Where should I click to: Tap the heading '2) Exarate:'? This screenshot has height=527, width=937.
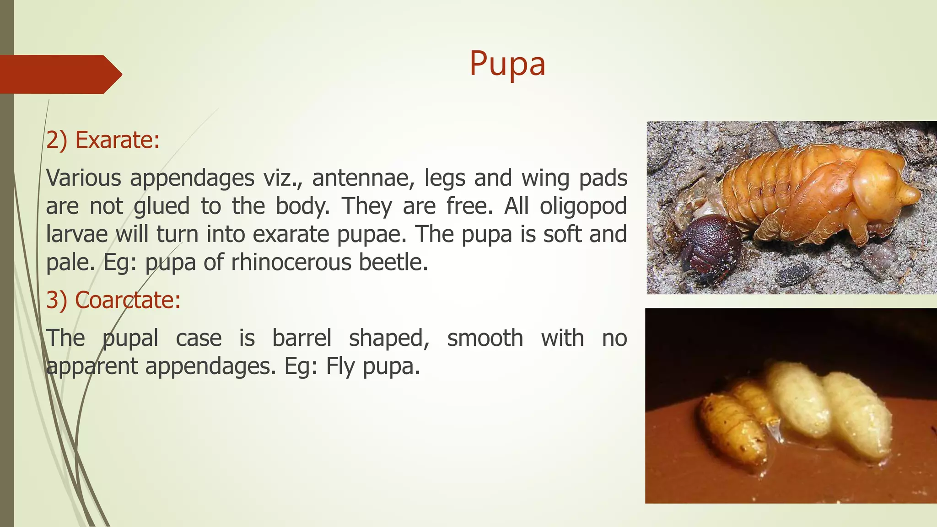pos(103,140)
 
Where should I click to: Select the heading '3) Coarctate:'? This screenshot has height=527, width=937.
pos(113,301)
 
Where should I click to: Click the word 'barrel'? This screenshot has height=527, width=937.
pos(302,339)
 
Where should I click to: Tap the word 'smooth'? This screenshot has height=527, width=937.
pos(485,339)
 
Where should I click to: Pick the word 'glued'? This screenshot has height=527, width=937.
pos(162,206)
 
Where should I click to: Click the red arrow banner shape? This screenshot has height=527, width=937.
pos(59,74)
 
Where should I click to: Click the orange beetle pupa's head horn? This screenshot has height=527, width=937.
pos(908,194)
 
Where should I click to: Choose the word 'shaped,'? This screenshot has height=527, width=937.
pos(389,339)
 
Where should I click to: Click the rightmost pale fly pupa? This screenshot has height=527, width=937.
pos(856,414)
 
